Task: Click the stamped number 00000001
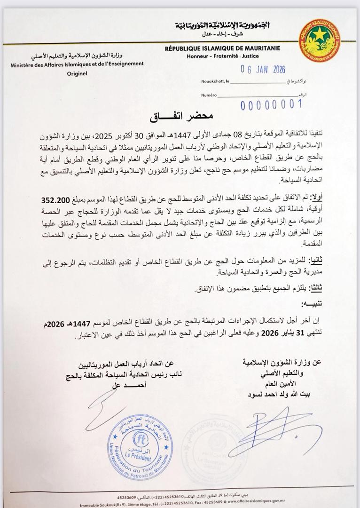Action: pyautogui.click(x=271, y=104)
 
